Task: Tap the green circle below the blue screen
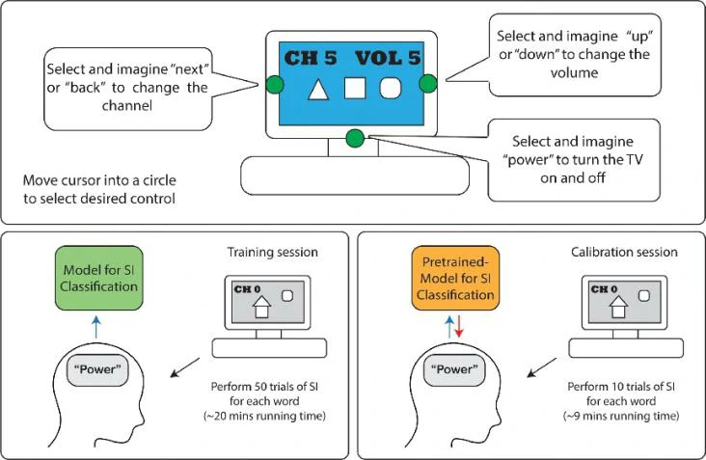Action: (x=354, y=139)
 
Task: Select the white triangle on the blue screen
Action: (x=317, y=91)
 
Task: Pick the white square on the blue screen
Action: (x=355, y=91)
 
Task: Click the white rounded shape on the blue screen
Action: (x=392, y=90)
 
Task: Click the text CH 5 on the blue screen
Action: (x=310, y=59)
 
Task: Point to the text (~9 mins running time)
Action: (x=622, y=416)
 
